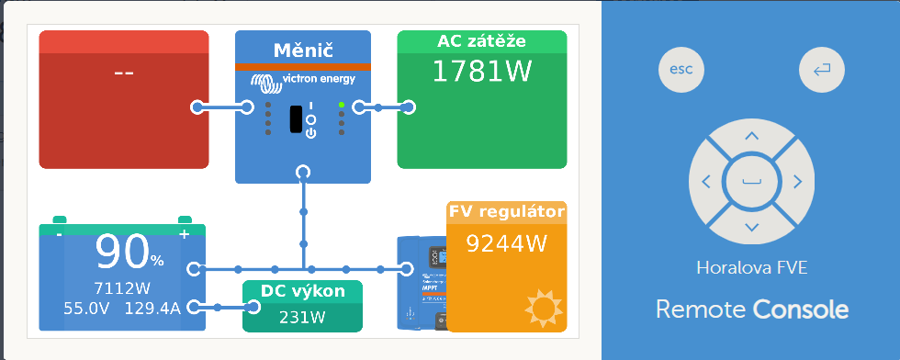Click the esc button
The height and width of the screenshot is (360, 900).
point(681,70)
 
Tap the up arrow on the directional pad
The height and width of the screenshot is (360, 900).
point(751,136)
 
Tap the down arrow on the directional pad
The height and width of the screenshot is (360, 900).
point(751,228)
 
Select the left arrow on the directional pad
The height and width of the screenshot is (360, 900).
point(706,182)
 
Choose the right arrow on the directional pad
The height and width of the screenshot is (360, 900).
point(797,182)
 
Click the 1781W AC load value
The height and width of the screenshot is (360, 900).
point(481,72)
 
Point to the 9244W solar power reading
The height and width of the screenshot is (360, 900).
point(506,243)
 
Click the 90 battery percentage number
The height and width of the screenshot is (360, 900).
point(122,252)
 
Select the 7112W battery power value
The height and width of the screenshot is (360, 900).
point(122,288)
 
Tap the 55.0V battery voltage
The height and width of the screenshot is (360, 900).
point(86,309)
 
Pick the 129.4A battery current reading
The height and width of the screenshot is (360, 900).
point(152,309)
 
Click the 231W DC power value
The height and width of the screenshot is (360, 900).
point(302,318)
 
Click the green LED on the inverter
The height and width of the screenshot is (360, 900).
point(342,105)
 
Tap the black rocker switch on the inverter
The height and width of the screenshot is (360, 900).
point(296,118)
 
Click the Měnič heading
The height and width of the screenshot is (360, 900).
point(303,51)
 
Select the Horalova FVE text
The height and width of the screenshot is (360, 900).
point(752,267)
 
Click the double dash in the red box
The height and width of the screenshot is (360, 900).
point(124,73)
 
